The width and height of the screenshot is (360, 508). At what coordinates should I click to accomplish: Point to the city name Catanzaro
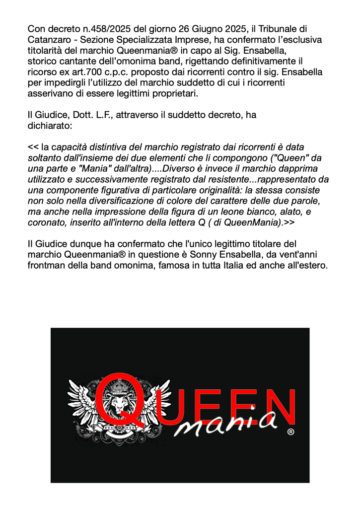tap(51, 40)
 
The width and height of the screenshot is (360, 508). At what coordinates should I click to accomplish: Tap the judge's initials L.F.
tap(101, 115)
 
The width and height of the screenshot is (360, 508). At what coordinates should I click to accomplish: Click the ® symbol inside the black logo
tap(290, 432)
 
